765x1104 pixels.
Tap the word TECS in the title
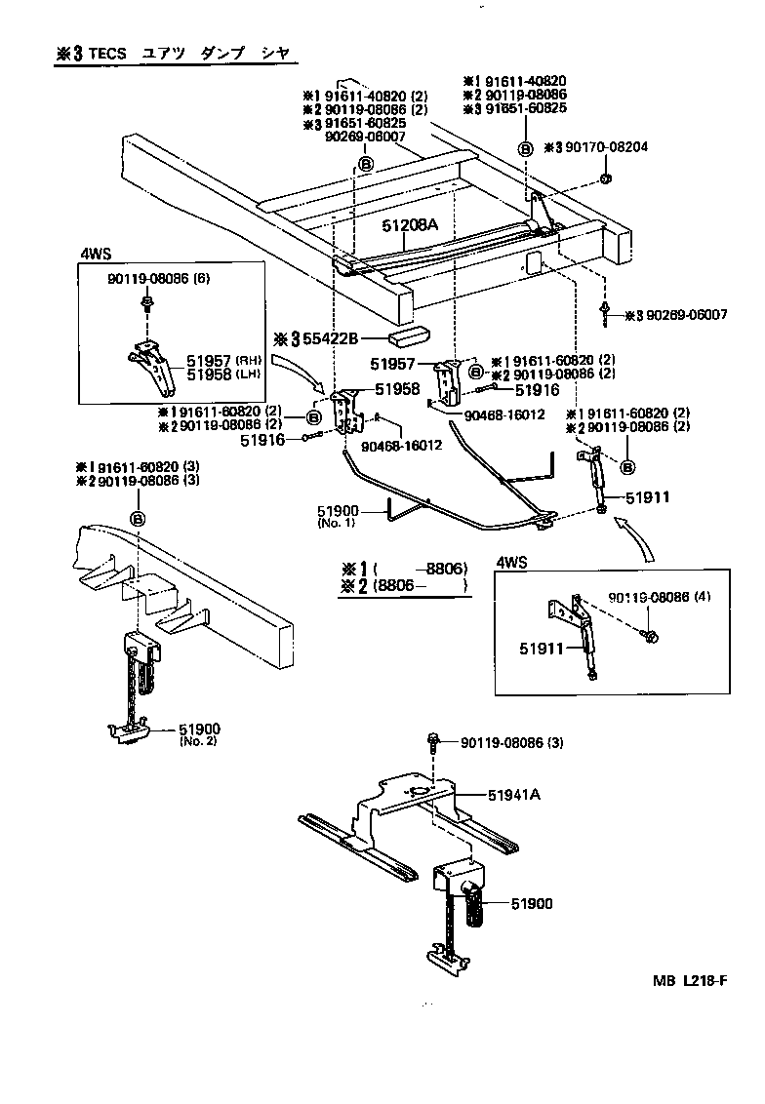(x=107, y=54)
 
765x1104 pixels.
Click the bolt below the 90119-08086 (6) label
(x=145, y=306)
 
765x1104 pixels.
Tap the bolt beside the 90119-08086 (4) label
(x=652, y=636)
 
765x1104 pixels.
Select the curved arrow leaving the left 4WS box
(x=298, y=372)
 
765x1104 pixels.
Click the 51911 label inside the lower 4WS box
(x=536, y=647)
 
